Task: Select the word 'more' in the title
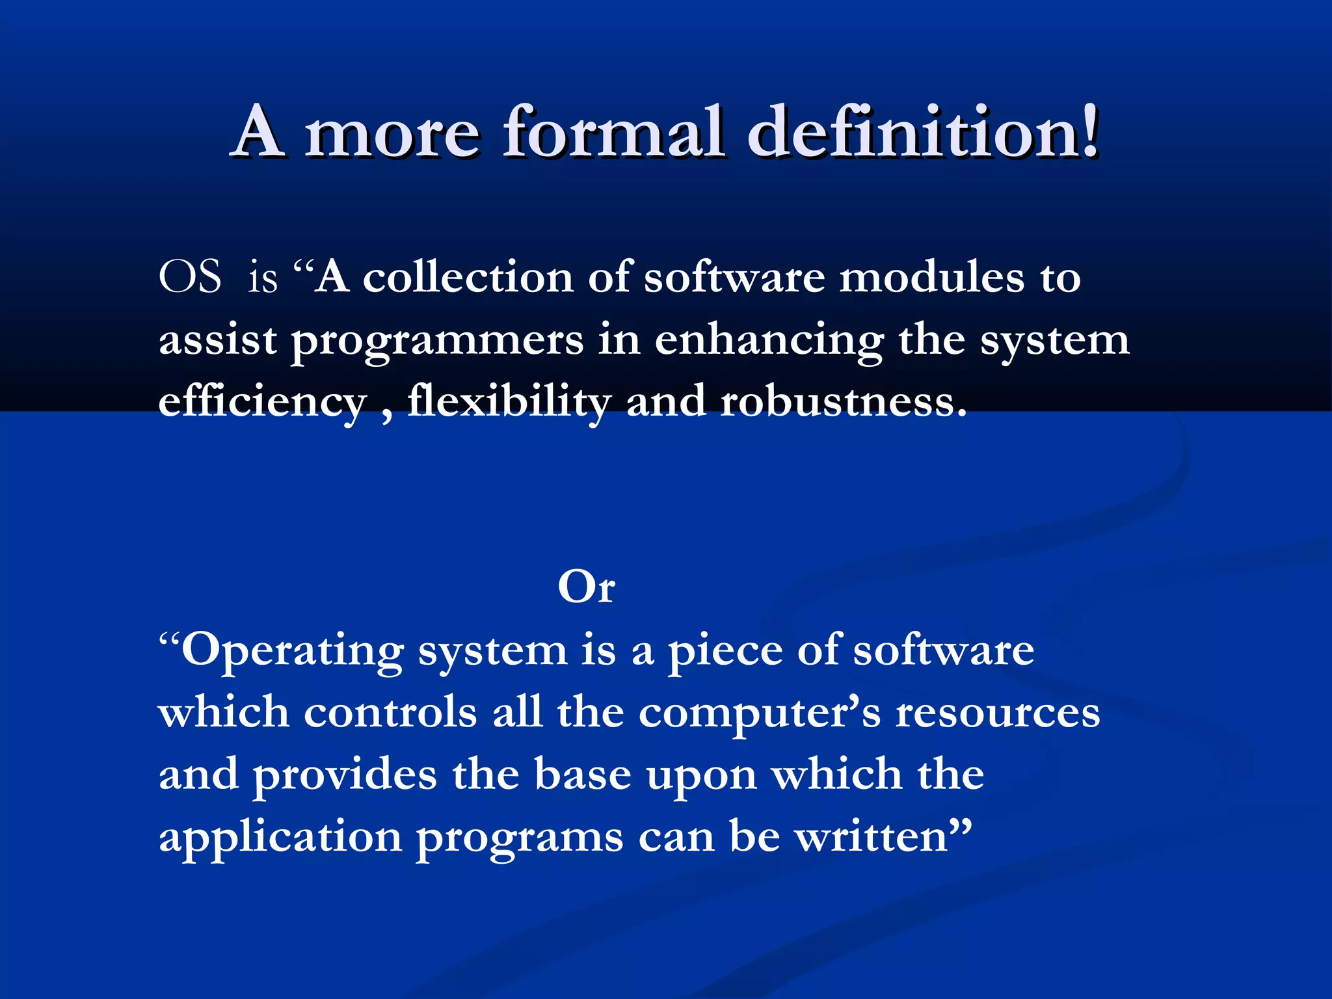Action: [393, 134]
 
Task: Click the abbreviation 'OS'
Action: [190, 277]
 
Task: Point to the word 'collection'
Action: [468, 277]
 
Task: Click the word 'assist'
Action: [218, 340]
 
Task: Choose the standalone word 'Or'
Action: [586, 587]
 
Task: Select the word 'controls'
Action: [390, 712]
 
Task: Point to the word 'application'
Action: [280, 838]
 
